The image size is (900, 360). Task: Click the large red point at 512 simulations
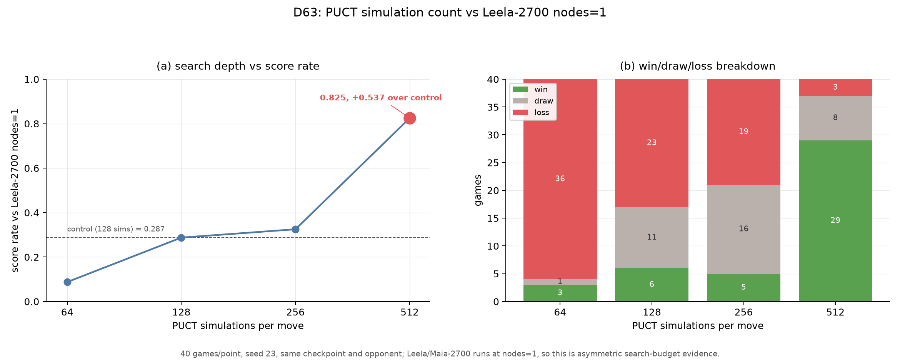pyautogui.click(x=410, y=118)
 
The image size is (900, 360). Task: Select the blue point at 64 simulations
pyautogui.click(x=67, y=282)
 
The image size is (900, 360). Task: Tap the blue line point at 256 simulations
pyautogui.click(x=295, y=229)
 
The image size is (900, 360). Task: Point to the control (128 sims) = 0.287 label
pyautogui.click(x=116, y=229)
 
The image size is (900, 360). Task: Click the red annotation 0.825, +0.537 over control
pyautogui.click(x=381, y=98)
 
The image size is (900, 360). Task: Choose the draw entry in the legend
pyautogui.click(x=533, y=101)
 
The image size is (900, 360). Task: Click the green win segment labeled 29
pyautogui.click(x=835, y=221)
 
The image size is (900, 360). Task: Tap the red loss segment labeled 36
pyautogui.click(x=560, y=179)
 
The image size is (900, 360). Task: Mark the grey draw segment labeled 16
pyautogui.click(x=743, y=229)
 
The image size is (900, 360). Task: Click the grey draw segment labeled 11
pyautogui.click(x=652, y=237)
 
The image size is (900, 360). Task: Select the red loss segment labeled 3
pyautogui.click(x=835, y=87)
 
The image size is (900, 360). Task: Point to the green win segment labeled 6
pyautogui.click(x=652, y=285)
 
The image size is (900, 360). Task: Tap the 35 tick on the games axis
pyautogui.click(x=493, y=107)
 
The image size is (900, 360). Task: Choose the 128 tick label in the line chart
pyautogui.click(x=181, y=312)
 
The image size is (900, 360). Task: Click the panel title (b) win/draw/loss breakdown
pyautogui.click(x=697, y=66)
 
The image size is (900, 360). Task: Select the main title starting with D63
pyautogui.click(x=450, y=13)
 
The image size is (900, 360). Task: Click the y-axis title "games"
pyautogui.click(x=478, y=190)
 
